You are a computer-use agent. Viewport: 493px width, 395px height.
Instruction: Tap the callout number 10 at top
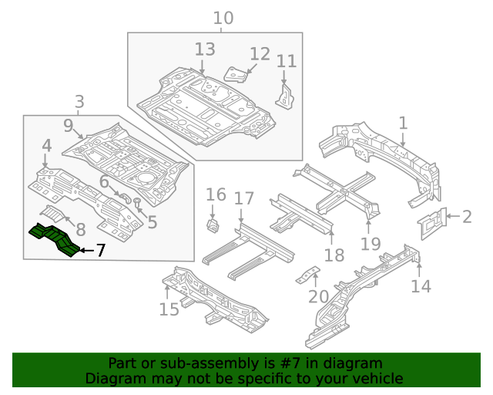(x=223, y=18)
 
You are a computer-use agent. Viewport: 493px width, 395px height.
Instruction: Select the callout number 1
(x=402, y=123)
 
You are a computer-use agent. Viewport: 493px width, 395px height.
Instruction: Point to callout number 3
(x=79, y=101)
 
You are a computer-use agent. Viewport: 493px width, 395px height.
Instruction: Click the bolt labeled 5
(x=137, y=204)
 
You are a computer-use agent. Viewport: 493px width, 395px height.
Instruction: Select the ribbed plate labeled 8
(x=55, y=212)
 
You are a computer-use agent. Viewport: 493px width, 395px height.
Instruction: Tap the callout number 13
(x=204, y=50)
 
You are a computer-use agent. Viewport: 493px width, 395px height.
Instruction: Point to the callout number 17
(x=243, y=199)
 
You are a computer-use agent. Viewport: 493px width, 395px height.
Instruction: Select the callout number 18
(x=334, y=255)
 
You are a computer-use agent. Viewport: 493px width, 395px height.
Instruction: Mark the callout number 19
(x=371, y=244)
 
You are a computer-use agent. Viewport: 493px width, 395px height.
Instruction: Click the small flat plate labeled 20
(x=310, y=275)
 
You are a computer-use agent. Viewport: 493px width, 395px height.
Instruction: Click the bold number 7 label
(x=100, y=250)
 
